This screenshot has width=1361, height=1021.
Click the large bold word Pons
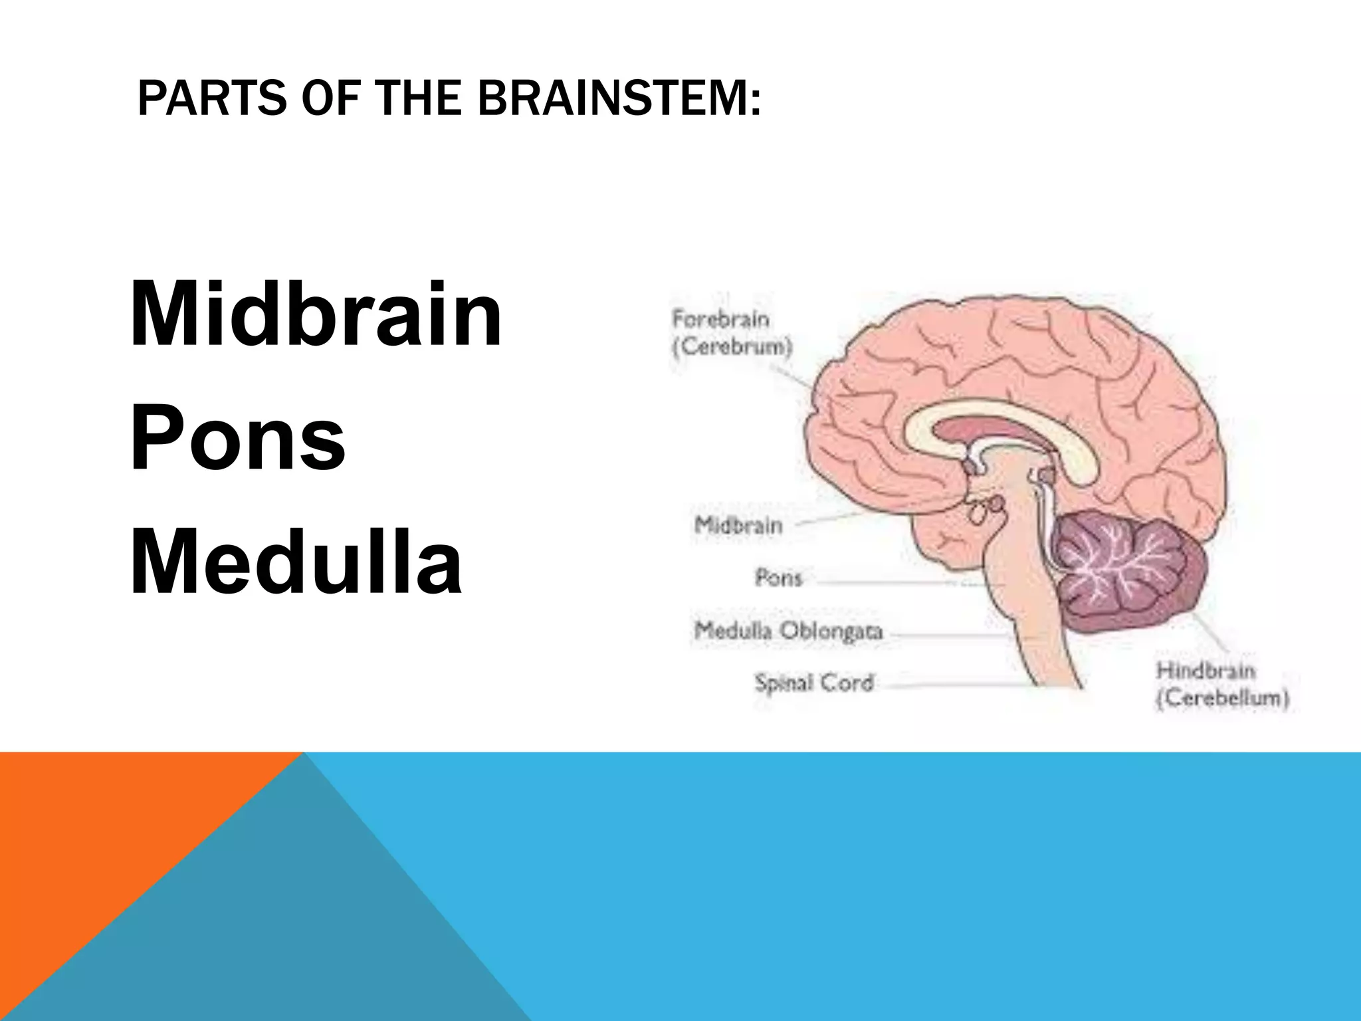click(x=237, y=437)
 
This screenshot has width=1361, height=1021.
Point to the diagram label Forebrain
click(x=720, y=320)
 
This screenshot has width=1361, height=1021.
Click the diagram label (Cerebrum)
click(x=732, y=348)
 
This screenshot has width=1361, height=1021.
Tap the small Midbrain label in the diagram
click(x=738, y=526)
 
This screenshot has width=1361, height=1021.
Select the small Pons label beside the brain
click(x=778, y=578)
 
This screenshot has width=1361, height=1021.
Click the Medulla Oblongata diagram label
click(x=788, y=630)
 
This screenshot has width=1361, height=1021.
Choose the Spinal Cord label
click(x=813, y=683)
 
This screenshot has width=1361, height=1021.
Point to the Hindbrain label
click(x=1206, y=671)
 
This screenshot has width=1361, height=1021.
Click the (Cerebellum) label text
click(x=1222, y=699)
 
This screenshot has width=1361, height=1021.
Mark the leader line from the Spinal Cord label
click(x=957, y=685)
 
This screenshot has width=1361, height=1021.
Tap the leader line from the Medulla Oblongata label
click(x=950, y=635)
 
